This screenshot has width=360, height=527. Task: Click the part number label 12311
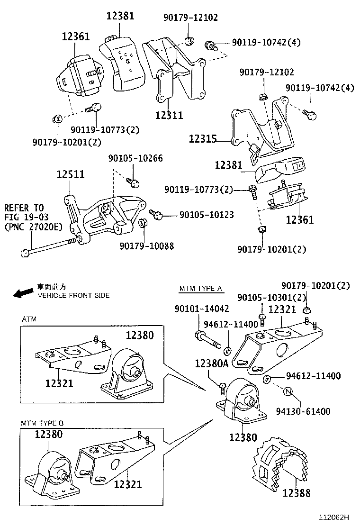tap(169, 115)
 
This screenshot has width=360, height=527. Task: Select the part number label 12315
tap(203, 139)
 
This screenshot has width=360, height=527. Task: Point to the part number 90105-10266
tap(135, 158)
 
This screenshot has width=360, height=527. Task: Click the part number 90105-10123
tap(207, 215)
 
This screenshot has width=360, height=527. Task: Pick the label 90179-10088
tap(146, 246)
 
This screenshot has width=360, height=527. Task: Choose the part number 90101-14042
tap(202, 309)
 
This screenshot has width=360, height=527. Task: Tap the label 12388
tap(297, 493)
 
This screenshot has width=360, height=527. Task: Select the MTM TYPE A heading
tap(201, 289)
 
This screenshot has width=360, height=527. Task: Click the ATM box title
tap(29, 319)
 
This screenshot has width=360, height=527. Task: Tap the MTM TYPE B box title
tap(42, 422)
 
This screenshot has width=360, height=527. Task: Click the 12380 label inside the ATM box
tap(140, 336)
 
